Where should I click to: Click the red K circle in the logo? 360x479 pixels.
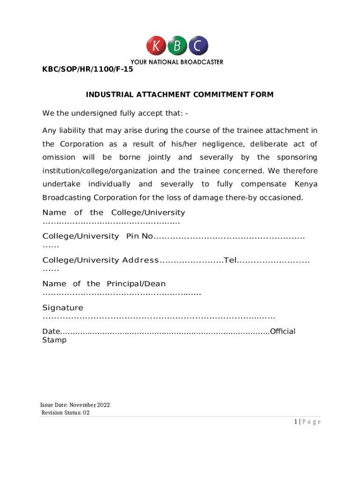(156, 46)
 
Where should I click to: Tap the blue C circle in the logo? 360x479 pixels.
(198, 46)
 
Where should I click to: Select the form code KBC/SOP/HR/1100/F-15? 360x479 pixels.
(87, 70)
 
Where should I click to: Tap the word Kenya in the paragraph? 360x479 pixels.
(306, 184)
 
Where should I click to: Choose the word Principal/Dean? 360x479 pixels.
(136, 284)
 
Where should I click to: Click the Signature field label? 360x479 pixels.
(63, 308)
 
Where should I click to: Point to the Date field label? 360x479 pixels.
(51, 332)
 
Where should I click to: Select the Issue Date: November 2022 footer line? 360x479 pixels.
(75, 405)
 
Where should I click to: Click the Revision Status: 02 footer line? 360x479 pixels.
(65, 413)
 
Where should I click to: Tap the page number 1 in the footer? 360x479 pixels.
(296, 422)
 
